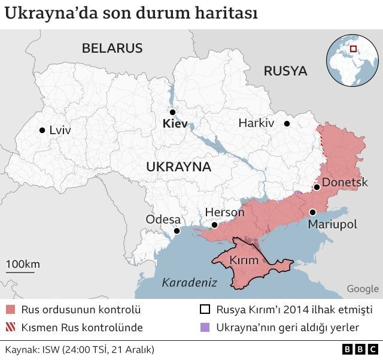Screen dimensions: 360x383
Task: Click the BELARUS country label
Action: point(113,49)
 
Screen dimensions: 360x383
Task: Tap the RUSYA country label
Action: point(285,71)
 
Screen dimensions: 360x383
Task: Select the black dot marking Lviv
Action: point(42,130)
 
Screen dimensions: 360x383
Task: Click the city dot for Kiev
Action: point(172,112)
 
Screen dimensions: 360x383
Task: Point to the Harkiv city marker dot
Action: point(287,124)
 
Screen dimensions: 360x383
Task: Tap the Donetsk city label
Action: point(345,182)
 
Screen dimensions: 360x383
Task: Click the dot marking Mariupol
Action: point(312,212)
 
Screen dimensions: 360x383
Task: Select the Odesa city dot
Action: point(177,231)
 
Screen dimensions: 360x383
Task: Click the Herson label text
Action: point(224,213)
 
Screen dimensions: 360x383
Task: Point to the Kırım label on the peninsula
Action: point(245,261)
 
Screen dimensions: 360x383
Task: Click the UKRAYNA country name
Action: point(179,167)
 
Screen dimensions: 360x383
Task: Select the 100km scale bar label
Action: point(23,264)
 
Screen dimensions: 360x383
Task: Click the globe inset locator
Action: point(352,60)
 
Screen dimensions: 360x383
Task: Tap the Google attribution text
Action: point(363,289)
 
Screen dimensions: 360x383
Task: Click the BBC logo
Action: point(360,349)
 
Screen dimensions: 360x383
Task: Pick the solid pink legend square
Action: point(10,310)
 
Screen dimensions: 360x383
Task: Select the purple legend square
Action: point(205,328)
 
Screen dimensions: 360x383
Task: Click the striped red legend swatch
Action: point(10,328)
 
